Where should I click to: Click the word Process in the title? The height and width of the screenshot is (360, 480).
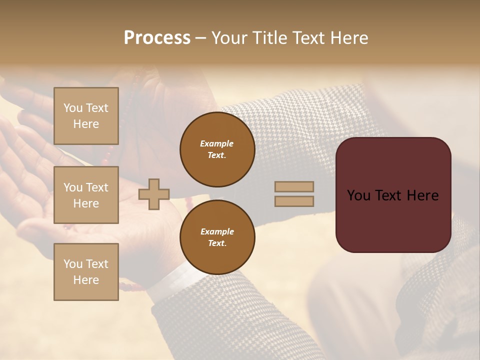(157, 38)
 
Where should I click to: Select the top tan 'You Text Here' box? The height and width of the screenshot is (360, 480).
(86, 116)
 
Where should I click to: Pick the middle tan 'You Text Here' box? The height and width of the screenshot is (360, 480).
(86, 195)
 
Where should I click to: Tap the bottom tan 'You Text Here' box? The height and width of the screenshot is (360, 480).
(86, 271)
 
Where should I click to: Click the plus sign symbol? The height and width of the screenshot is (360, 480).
(154, 193)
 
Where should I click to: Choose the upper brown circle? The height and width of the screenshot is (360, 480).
(217, 149)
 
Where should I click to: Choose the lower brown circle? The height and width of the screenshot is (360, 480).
(217, 237)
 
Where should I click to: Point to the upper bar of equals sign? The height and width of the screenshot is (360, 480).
(294, 186)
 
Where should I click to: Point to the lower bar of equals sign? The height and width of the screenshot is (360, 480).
(294, 201)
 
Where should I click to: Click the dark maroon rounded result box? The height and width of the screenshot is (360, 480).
(393, 220)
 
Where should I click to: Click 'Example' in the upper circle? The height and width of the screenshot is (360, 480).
(217, 143)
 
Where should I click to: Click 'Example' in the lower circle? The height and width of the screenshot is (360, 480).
(217, 231)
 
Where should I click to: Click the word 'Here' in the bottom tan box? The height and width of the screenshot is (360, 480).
(86, 280)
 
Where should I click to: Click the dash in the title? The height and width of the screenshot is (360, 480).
(200, 38)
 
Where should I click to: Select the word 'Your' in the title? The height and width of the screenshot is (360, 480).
(227, 38)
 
